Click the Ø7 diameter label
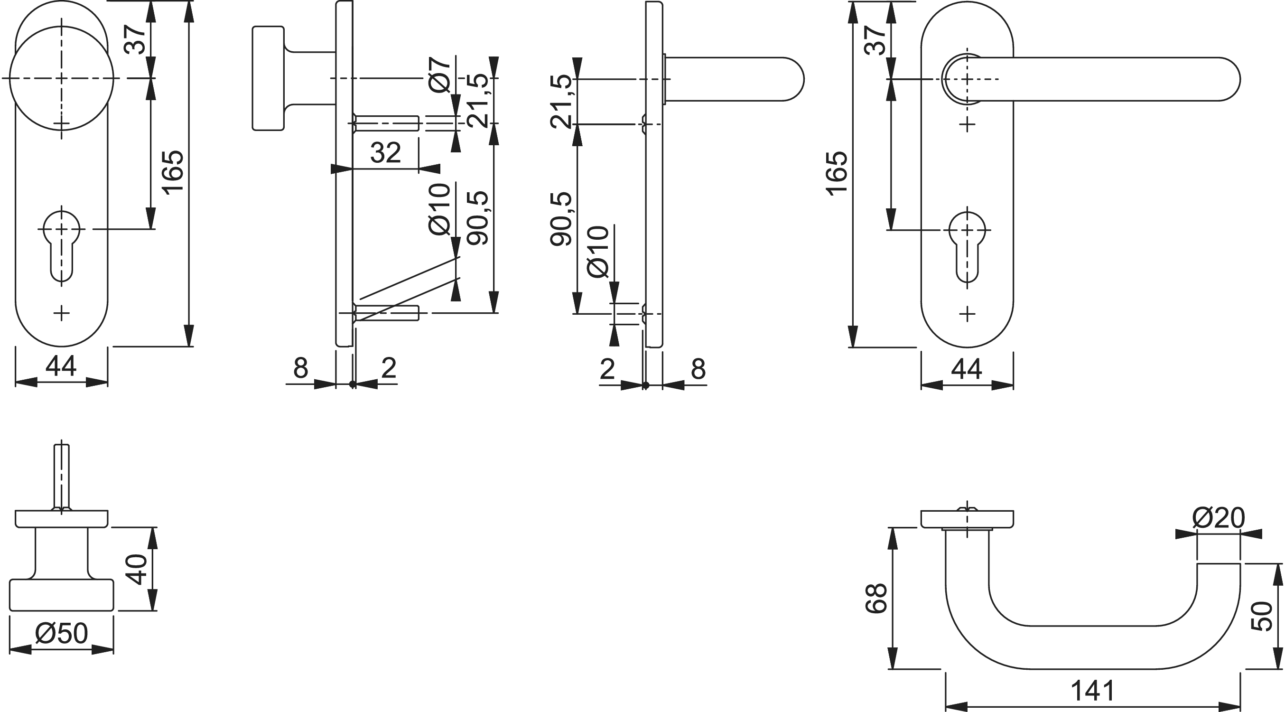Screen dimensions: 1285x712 tap(439, 75)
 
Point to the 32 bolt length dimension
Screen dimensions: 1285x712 tap(386, 153)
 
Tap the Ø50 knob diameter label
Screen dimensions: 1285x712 tap(61, 634)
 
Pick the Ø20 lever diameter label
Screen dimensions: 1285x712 tap(1219, 518)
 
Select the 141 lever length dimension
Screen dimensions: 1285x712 tap(1092, 691)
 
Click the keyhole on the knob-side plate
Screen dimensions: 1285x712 tap(61, 245)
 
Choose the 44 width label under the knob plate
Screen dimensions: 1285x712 tap(61, 366)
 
